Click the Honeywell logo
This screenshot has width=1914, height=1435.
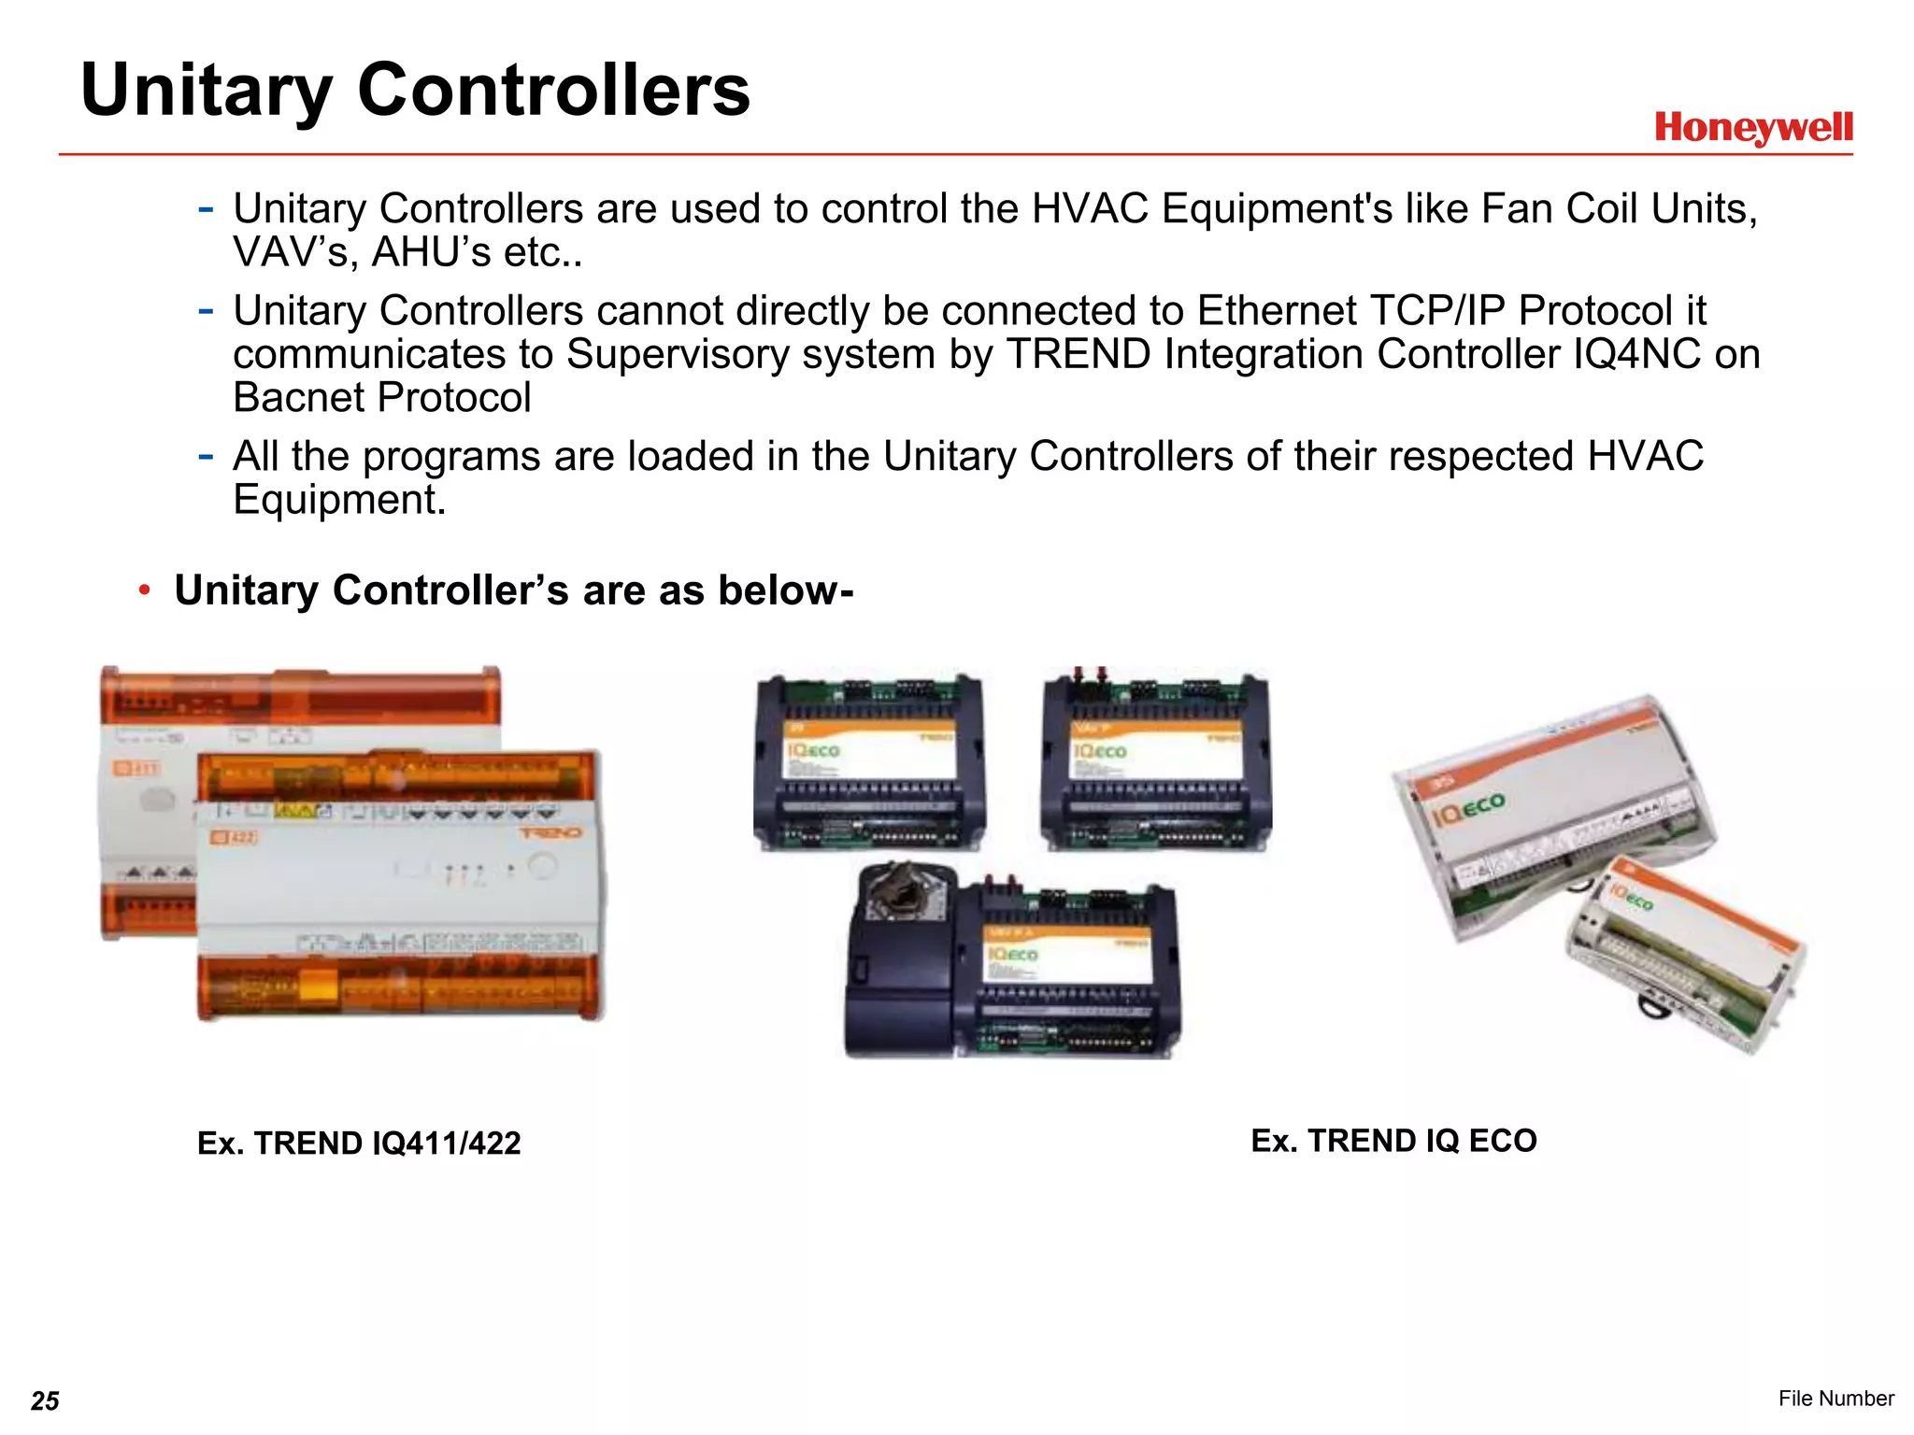point(1753,128)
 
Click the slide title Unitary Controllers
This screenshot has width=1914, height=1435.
point(415,91)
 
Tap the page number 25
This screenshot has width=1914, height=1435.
point(45,1400)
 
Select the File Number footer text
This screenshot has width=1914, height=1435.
point(1835,1398)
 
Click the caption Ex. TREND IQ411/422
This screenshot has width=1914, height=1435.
point(359,1143)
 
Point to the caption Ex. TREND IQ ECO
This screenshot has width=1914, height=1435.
point(1393,1141)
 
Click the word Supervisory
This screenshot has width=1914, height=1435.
point(750,354)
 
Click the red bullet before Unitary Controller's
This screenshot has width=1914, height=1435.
point(144,590)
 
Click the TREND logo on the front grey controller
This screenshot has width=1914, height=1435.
point(550,832)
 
